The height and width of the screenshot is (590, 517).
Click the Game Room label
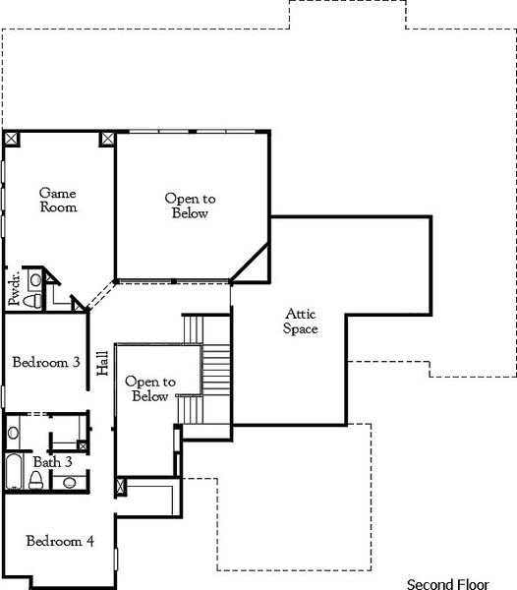(57, 200)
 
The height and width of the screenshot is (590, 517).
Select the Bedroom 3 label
(46, 363)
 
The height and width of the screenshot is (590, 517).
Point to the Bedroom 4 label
(59, 541)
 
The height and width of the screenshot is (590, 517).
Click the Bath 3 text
(53, 461)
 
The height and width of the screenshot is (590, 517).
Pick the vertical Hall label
(102, 364)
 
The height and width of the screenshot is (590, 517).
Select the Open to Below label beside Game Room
(190, 206)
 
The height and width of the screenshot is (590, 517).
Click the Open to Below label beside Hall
(149, 388)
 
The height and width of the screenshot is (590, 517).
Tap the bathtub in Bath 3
(14, 472)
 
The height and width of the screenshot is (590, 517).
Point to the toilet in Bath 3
(35, 479)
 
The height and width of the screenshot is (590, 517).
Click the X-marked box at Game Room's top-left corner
(11, 138)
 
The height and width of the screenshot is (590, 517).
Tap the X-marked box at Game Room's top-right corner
(106, 138)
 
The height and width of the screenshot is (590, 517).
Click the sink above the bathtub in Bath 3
(14, 432)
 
